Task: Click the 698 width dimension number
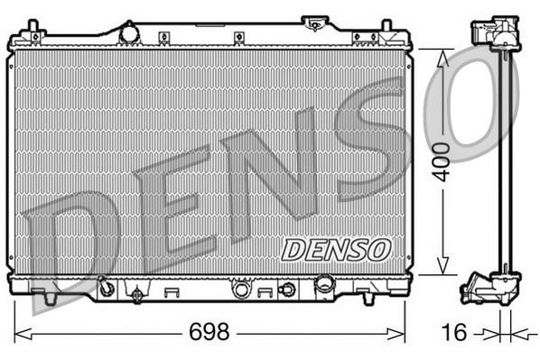tap(209, 331)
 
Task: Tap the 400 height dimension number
tap(442, 162)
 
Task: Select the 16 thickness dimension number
tap(455, 332)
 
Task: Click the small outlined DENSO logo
tap(336, 250)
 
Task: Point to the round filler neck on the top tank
tap(129, 33)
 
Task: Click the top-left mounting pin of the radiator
tap(33, 27)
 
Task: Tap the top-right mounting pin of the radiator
tap(386, 26)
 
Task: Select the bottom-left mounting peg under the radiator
tap(50, 299)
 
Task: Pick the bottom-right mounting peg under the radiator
tap(368, 299)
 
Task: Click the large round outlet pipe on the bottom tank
tap(325, 283)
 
